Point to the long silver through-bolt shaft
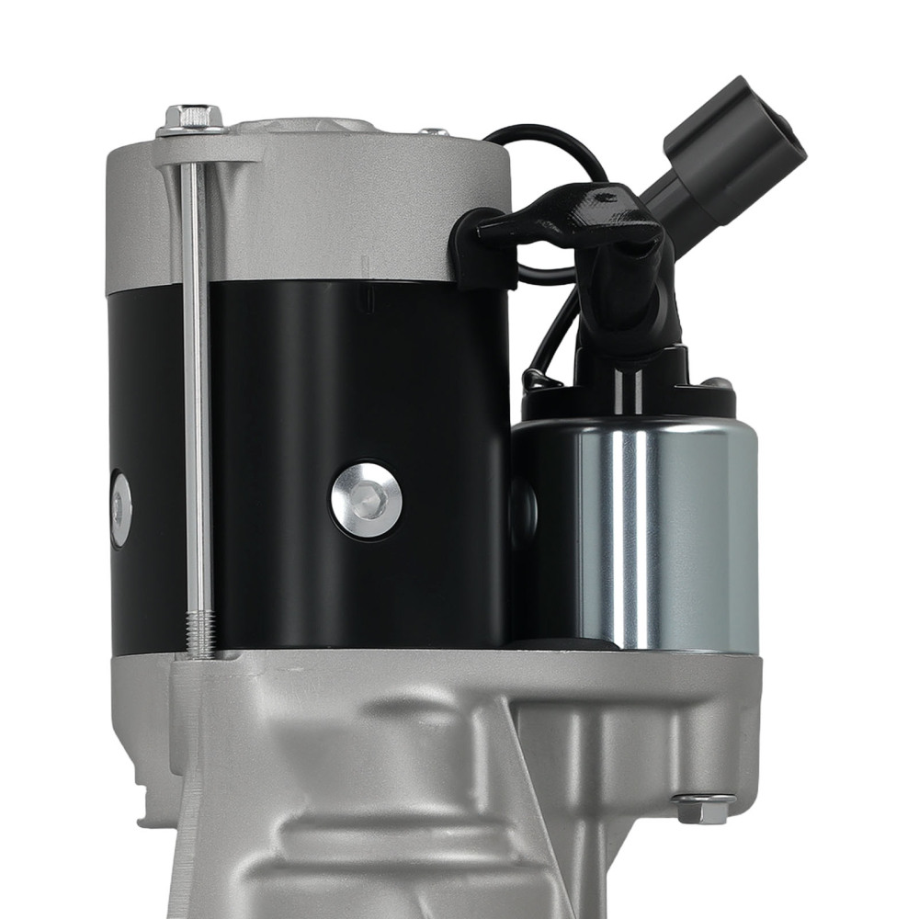click(197, 386)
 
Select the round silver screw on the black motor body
click(367, 501)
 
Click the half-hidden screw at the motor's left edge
click(120, 508)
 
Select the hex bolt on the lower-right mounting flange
click(703, 809)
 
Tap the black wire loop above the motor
click(542, 138)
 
